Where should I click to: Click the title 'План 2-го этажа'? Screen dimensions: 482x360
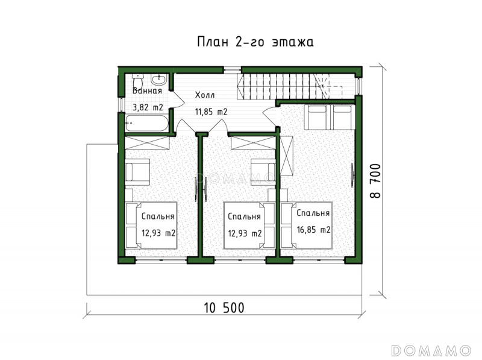tap(255, 42)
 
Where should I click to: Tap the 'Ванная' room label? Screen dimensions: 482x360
tap(147, 91)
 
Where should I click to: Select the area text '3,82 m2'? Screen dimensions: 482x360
tap(148, 107)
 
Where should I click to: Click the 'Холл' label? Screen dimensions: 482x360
tap(205, 95)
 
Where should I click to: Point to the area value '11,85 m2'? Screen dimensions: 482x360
tap(211, 112)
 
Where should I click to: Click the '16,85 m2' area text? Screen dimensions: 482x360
tap(313, 230)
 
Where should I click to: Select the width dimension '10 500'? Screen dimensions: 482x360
tap(224, 308)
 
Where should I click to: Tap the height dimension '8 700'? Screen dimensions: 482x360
tap(375, 181)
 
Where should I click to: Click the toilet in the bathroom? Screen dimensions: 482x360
tap(137, 81)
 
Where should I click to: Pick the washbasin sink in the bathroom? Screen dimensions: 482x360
tap(159, 80)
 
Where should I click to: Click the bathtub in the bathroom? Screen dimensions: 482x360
tap(147, 123)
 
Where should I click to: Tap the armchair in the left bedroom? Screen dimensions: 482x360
tap(137, 172)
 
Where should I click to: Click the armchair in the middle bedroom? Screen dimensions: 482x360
tap(263, 172)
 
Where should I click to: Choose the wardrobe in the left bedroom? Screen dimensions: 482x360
tap(147, 143)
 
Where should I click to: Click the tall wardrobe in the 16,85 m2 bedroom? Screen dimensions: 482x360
tap(287, 156)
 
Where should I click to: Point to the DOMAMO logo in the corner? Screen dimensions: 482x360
tap(431, 350)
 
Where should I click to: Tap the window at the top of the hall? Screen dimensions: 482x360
tap(232, 70)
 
